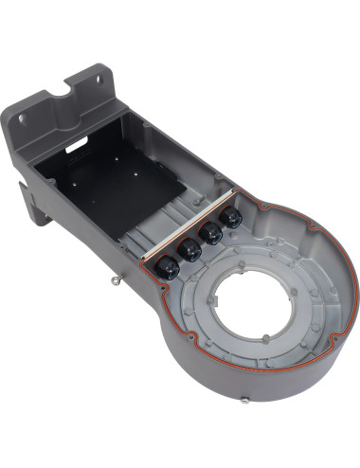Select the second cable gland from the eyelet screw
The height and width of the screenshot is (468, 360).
pyautogui.click(x=189, y=250)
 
